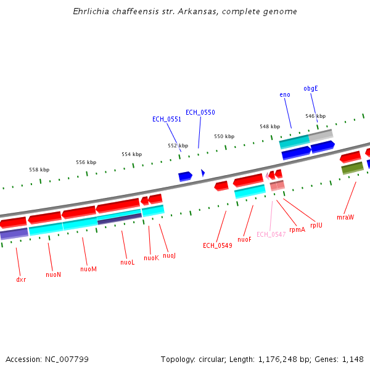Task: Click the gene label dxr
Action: [21, 279]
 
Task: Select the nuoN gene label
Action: [54, 274]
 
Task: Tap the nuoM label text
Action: [88, 269]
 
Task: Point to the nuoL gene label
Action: [127, 262]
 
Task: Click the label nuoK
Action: [151, 258]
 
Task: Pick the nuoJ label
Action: [169, 255]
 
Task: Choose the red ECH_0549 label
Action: [217, 245]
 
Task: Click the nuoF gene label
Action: [244, 239]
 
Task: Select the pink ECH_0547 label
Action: [271, 234]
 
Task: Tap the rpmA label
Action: [297, 229]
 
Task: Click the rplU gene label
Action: [316, 225]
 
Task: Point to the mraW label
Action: [345, 217]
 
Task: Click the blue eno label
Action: [285, 94]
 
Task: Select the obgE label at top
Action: [311, 88]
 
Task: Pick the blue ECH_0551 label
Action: [166, 119]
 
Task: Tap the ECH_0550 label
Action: [200, 112]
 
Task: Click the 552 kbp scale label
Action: [178, 146]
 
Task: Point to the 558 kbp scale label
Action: [39, 170]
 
